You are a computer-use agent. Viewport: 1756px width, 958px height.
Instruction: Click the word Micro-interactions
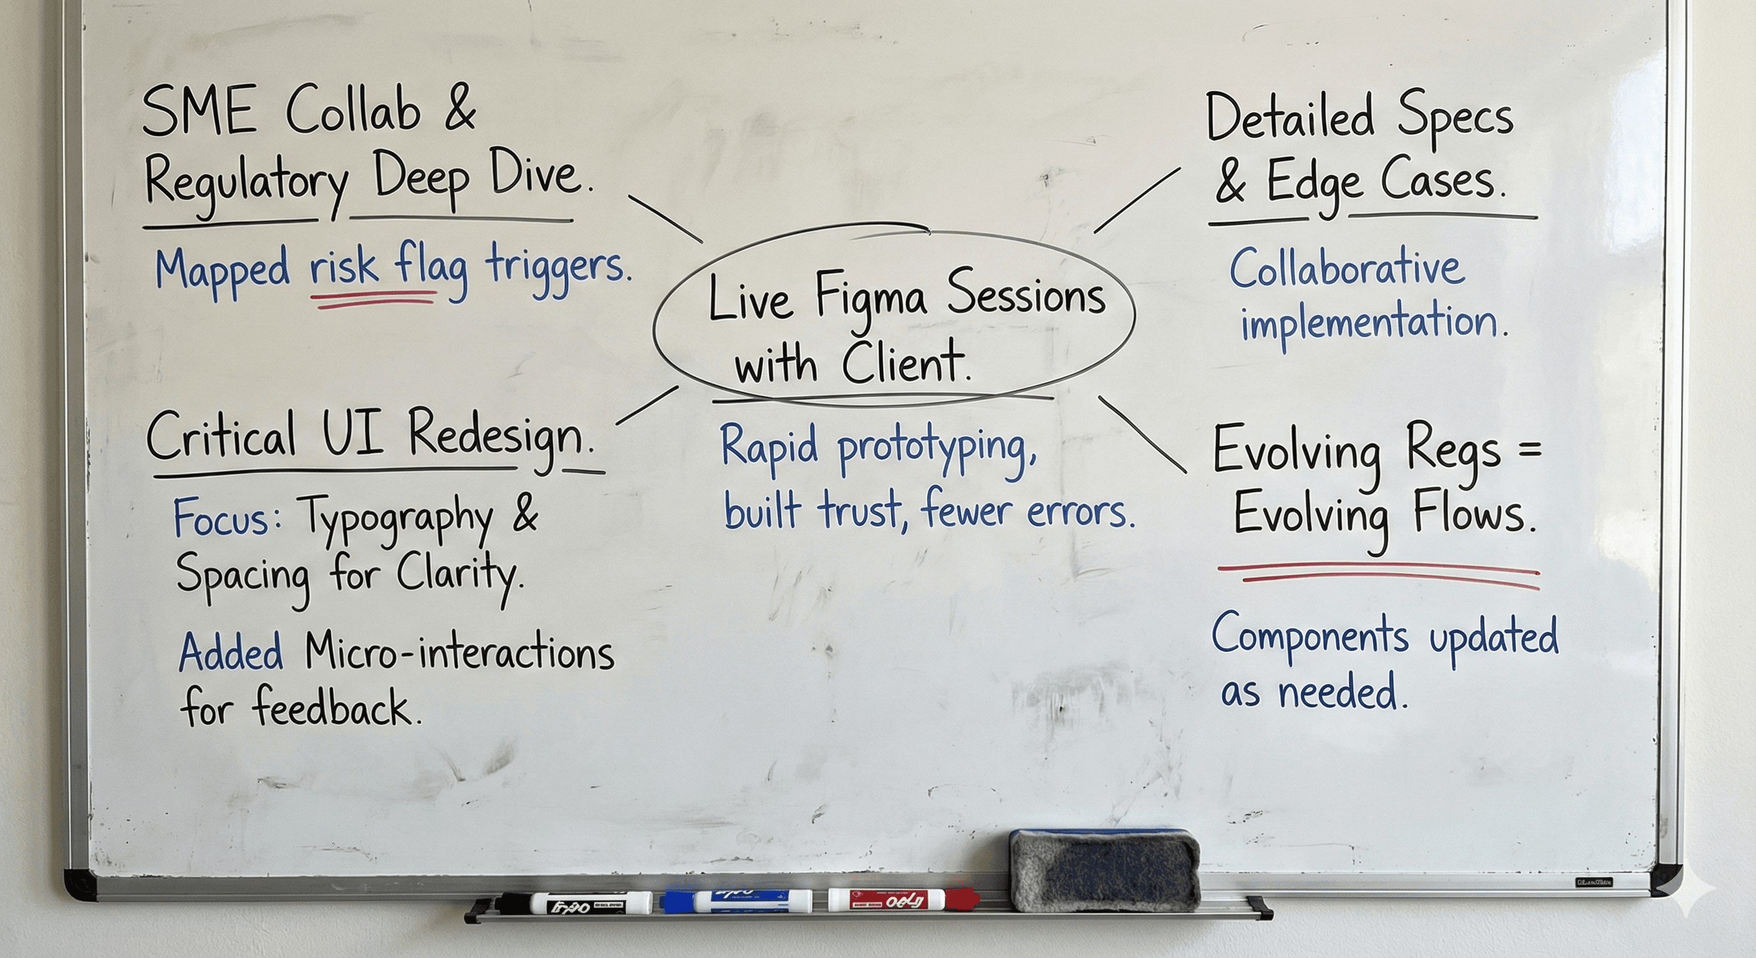coord(460,653)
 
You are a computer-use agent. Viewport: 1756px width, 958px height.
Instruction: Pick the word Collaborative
coord(1346,269)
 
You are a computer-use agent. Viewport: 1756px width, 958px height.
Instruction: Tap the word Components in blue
coord(1310,637)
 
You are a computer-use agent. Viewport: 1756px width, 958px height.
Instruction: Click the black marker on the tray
coord(572,904)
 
